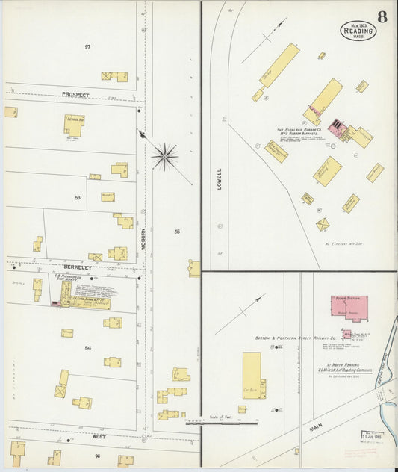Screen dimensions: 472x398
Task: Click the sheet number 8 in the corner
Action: click(382, 16)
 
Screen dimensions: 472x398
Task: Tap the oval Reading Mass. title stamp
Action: click(358, 31)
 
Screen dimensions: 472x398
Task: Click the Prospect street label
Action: click(75, 96)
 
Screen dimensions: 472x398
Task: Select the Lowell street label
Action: click(220, 178)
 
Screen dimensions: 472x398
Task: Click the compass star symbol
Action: click(164, 157)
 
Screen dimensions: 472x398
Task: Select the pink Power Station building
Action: click(349, 308)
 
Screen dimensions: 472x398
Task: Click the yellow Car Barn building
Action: click(252, 375)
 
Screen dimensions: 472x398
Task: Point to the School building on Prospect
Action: click(74, 125)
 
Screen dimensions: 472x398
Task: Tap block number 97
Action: click(87, 47)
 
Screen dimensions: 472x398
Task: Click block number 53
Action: click(77, 198)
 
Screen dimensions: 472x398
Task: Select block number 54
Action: click(87, 348)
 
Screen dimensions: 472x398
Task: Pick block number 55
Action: click(177, 232)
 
